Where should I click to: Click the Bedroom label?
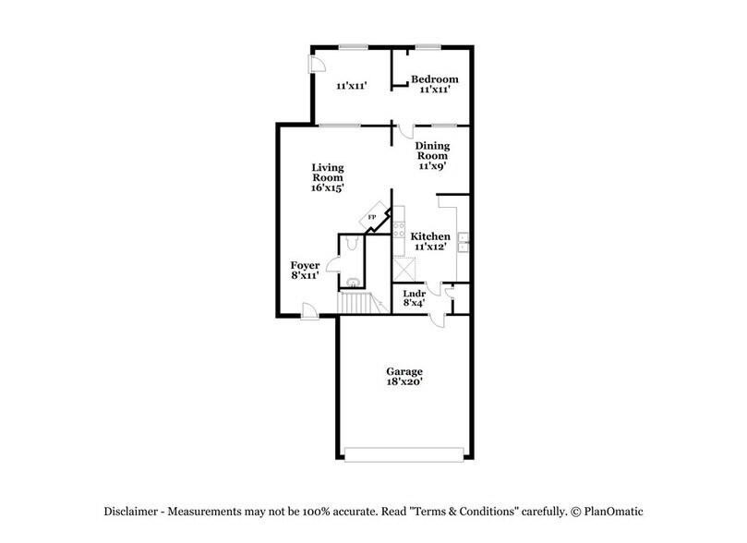(434, 79)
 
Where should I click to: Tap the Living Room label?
(327, 173)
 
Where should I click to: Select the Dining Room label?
(431, 151)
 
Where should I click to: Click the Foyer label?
(305, 265)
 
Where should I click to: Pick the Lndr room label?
(414, 294)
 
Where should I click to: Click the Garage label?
(404, 371)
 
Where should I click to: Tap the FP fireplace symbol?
(374, 217)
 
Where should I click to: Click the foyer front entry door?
(313, 316)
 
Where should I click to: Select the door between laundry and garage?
(441, 320)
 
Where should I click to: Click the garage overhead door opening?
(404, 453)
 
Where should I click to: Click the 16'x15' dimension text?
(327, 188)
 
